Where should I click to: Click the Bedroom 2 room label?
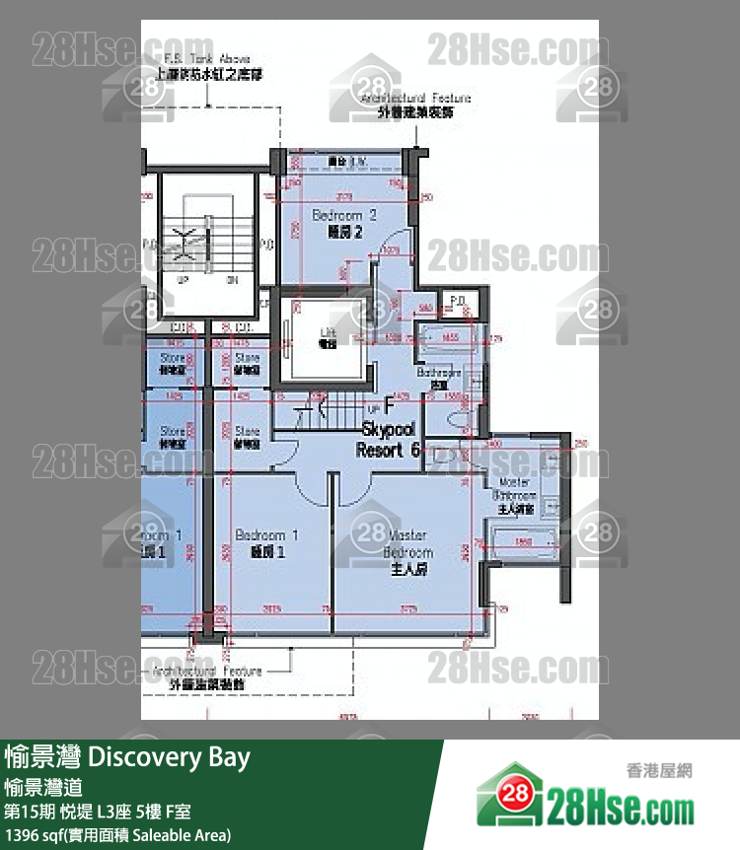tap(344, 222)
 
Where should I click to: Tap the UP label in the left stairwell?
tap(182, 280)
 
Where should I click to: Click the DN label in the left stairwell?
tap(232, 280)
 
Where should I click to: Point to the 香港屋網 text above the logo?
tap(659, 770)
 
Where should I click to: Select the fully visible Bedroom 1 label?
tap(266, 543)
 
